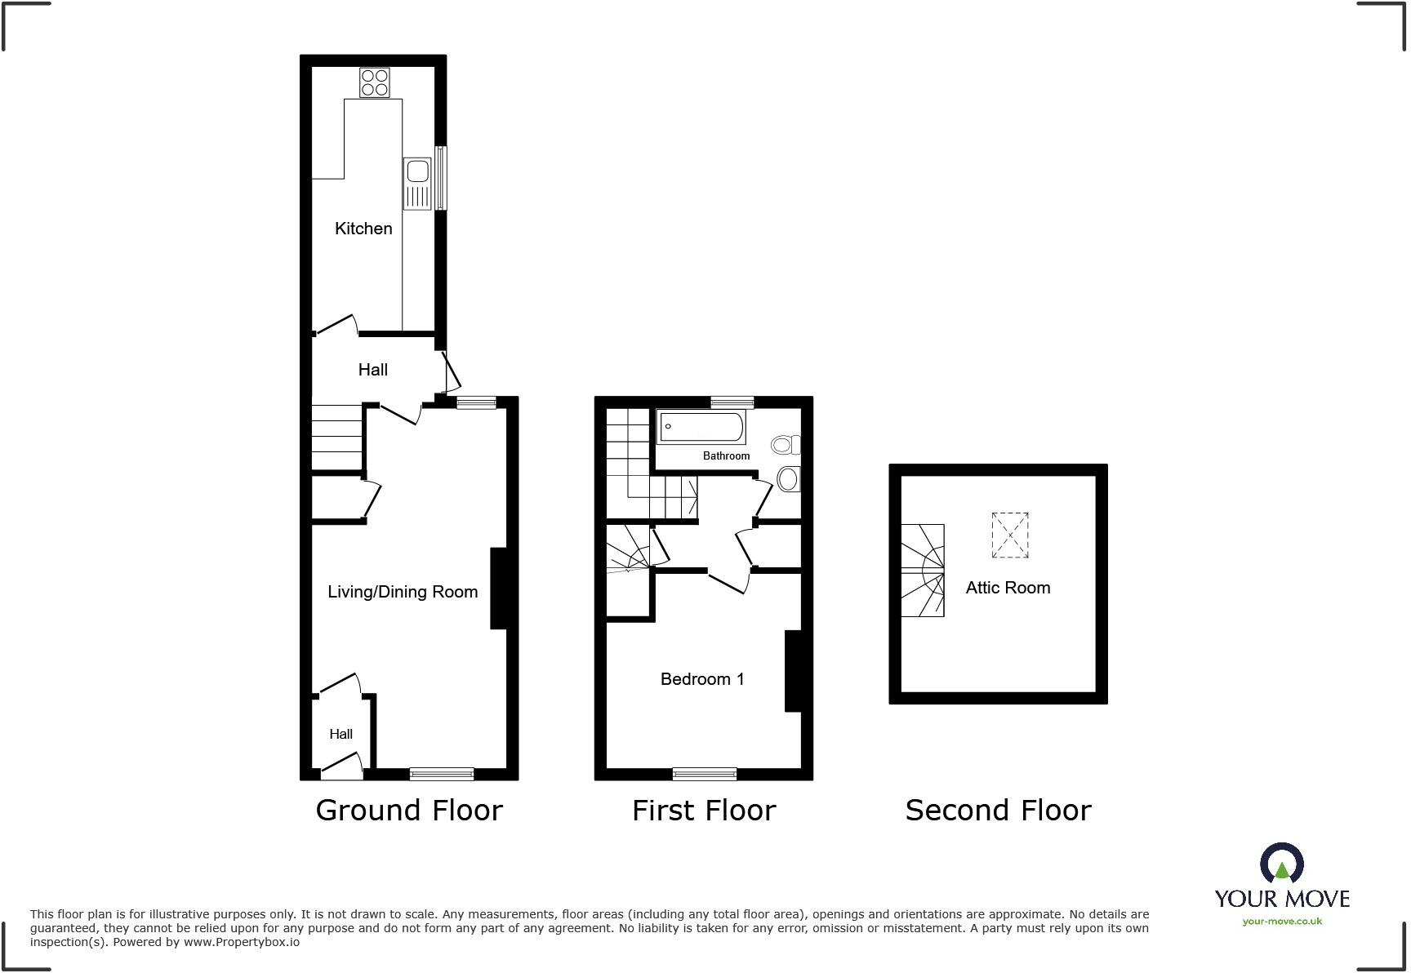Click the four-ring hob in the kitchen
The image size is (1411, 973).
pyautogui.click(x=375, y=82)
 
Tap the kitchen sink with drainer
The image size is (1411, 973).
pyautogui.click(x=417, y=184)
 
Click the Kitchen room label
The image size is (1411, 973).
pyautogui.click(x=363, y=229)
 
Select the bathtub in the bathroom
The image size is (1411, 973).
pyautogui.click(x=701, y=427)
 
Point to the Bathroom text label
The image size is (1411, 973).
pyautogui.click(x=726, y=455)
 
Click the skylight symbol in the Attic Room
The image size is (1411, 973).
pyautogui.click(x=1010, y=535)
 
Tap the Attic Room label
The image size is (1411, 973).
pyautogui.click(x=1008, y=588)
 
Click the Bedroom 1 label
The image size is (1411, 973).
pyautogui.click(x=702, y=679)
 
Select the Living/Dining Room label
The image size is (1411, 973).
pyautogui.click(x=403, y=592)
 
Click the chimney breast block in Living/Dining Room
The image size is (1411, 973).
pyautogui.click(x=498, y=588)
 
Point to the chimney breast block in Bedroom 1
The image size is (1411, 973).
pyautogui.click(x=792, y=671)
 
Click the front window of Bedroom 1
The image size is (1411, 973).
pyautogui.click(x=705, y=774)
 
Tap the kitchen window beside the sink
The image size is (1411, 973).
pyautogui.click(x=441, y=177)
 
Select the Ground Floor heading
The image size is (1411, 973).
pyautogui.click(x=409, y=810)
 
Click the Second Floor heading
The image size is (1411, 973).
pyautogui.click(x=998, y=810)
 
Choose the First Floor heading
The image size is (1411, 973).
pyautogui.click(x=704, y=810)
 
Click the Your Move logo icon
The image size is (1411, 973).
pyautogui.click(x=1281, y=863)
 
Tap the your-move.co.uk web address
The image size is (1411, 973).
pyautogui.click(x=1282, y=922)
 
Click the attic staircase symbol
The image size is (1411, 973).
pyautogui.click(x=923, y=570)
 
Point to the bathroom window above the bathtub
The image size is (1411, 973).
pyautogui.click(x=732, y=402)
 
